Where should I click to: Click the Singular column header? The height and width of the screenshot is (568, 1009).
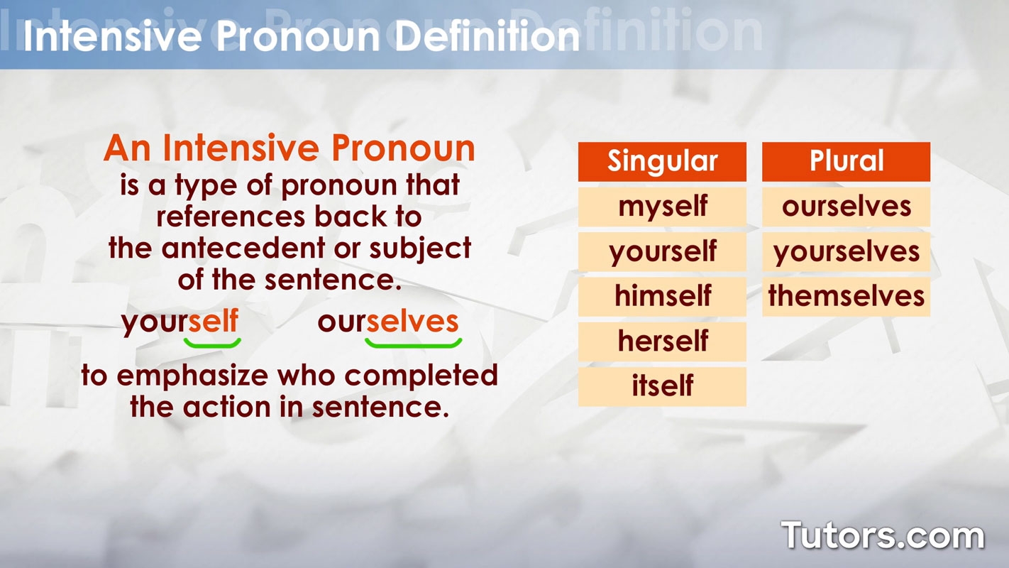tap(662, 161)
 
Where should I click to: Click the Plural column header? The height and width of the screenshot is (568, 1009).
tap(846, 161)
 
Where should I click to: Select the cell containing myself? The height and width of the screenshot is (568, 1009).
tap(662, 207)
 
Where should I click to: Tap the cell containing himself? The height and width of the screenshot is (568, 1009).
tap(662, 297)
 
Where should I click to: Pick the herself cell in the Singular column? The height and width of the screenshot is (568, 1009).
tap(662, 342)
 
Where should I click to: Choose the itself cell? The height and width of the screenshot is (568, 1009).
tap(662, 387)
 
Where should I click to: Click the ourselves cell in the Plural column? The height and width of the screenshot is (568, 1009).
tap(846, 207)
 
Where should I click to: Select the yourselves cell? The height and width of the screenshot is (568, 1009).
tap(846, 251)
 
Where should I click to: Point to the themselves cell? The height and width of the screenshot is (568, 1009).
tap(846, 297)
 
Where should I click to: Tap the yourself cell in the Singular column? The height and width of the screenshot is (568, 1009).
tap(662, 251)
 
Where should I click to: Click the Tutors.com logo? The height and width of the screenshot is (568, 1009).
tap(883, 535)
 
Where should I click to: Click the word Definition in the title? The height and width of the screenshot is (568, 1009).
tap(487, 36)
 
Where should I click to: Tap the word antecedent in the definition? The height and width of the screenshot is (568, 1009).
tap(243, 248)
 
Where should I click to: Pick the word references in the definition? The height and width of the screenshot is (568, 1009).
tap(231, 217)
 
